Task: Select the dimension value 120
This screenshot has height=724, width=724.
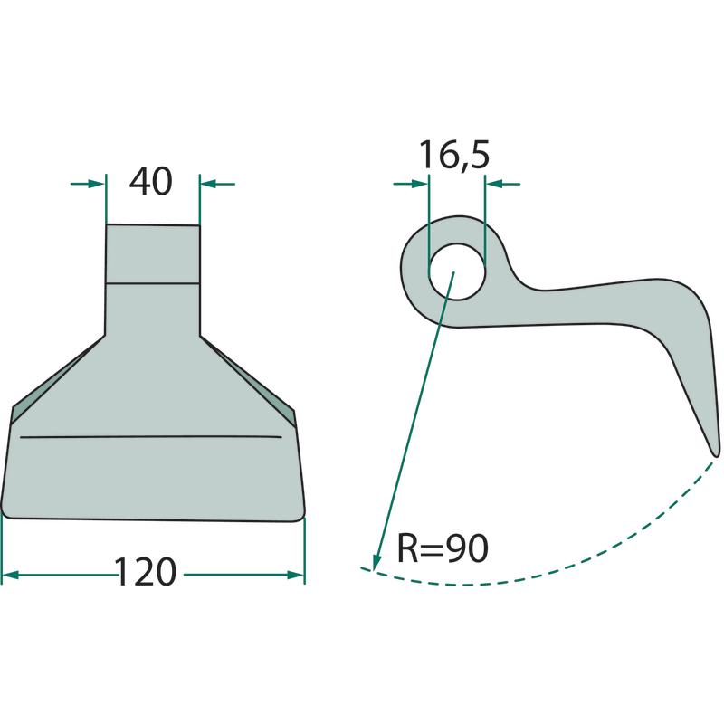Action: click(x=145, y=572)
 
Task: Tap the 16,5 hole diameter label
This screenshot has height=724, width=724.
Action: click(x=454, y=155)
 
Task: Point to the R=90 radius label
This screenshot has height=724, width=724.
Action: click(x=443, y=548)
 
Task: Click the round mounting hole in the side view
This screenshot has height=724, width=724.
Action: click(x=457, y=271)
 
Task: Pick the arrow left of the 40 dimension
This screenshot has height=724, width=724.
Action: click(x=88, y=184)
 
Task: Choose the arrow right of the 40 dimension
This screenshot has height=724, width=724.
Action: click(x=217, y=184)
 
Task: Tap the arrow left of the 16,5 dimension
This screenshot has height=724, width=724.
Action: click(x=411, y=184)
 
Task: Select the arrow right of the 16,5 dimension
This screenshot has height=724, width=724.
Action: click(x=503, y=184)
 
